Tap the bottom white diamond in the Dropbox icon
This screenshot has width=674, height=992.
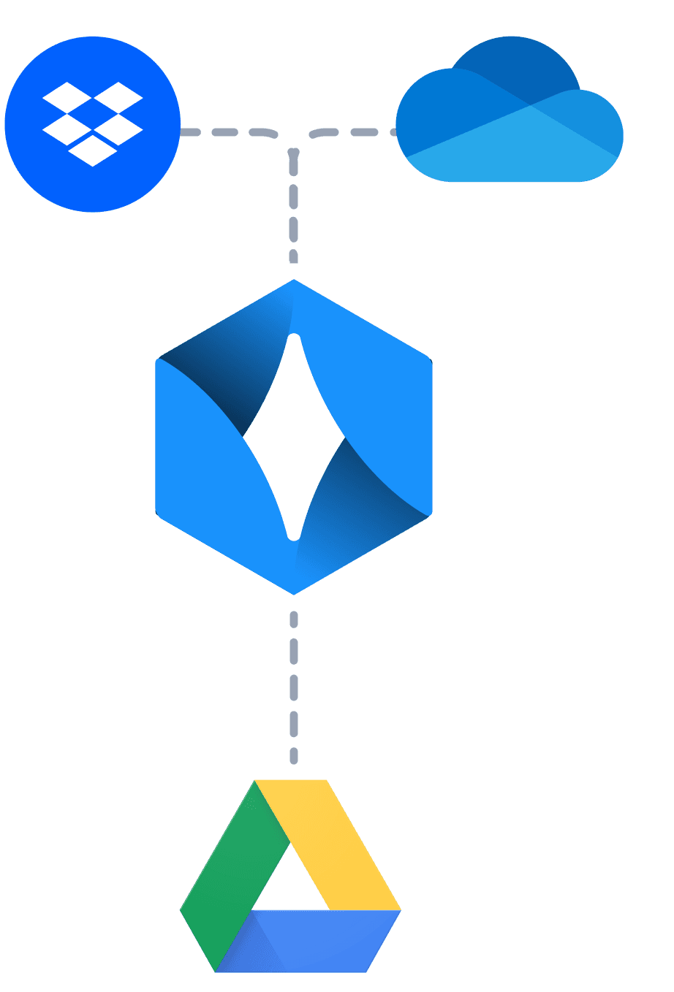coord(93,150)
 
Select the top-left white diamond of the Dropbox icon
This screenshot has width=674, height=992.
coord(67,97)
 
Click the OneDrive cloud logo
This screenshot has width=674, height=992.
coord(510,117)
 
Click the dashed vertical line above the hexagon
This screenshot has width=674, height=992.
coord(294,212)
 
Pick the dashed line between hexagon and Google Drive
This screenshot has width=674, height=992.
coord(294,687)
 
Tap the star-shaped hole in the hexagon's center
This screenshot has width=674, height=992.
coord(294,437)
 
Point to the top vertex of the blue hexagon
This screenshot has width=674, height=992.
coord(294,281)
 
